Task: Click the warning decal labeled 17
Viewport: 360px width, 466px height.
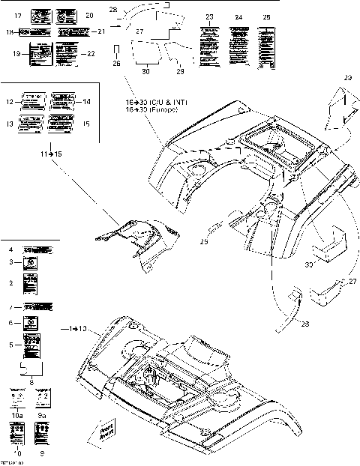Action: coord(39,15)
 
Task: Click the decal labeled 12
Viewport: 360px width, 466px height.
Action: coord(33,100)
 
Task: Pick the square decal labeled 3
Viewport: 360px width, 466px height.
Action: coord(31,263)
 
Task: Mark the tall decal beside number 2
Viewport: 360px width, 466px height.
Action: coord(31,285)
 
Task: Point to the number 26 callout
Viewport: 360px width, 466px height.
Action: coord(115,64)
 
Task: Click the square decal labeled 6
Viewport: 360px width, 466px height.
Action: coord(31,323)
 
